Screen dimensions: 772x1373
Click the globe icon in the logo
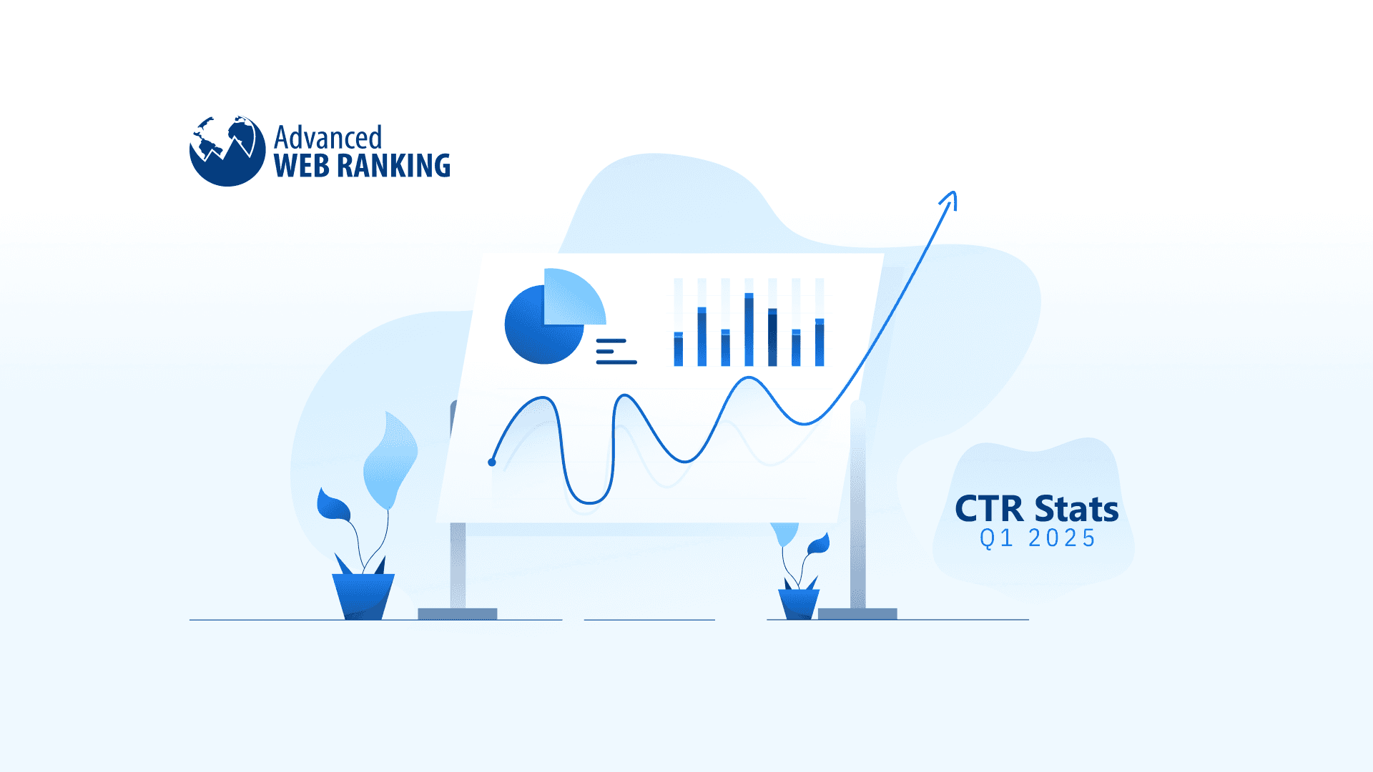(227, 151)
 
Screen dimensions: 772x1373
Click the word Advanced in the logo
(328, 137)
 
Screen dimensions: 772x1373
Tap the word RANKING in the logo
(393, 166)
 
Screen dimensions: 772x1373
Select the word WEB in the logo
(301, 166)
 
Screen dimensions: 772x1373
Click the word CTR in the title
(989, 509)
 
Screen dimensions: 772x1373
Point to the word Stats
(1076, 509)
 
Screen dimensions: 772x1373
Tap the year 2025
(1061, 538)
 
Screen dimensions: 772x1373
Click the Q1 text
(996, 538)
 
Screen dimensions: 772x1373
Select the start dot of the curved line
(492, 462)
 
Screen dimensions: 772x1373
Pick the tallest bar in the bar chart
(749, 330)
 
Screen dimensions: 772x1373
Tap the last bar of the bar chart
(820, 342)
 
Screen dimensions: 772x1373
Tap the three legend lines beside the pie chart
(615, 352)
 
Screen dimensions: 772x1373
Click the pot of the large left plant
(363, 596)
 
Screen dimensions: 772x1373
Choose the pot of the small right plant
(799, 604)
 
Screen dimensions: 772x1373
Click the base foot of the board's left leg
(457, 613)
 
